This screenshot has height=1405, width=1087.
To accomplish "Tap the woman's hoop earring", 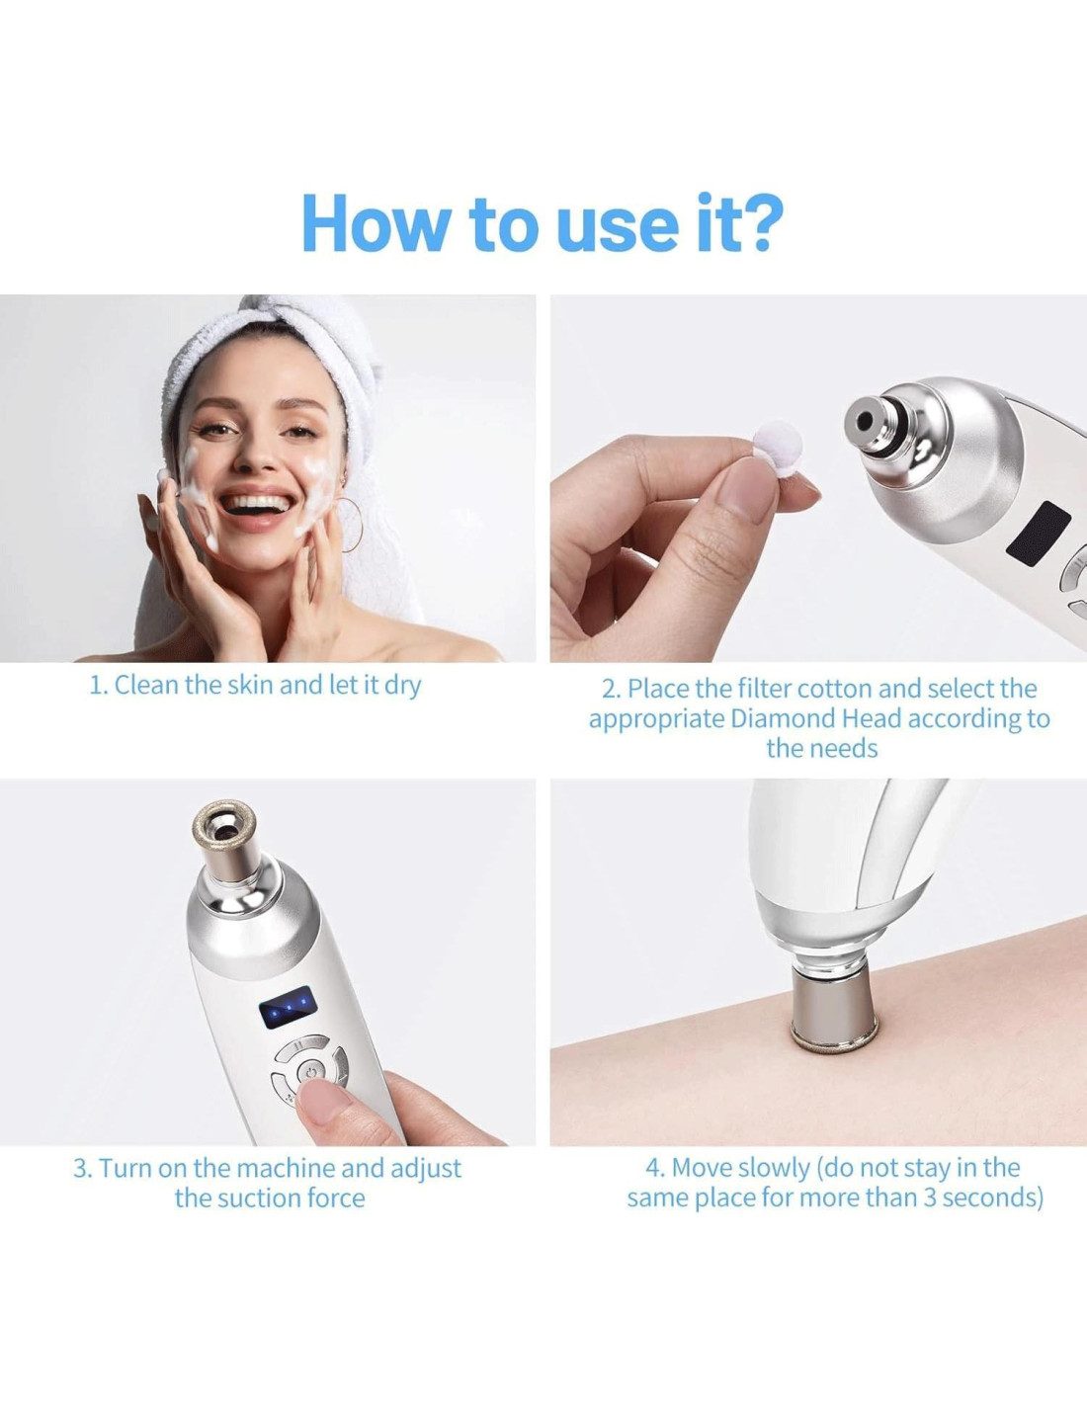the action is pyautogui.click(x=350, y=524).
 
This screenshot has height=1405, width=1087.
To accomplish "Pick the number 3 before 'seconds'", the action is pyautogui.click(x=930, y=1198).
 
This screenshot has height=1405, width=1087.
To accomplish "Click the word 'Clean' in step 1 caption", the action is pyautogui.click(x=147, y=686).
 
